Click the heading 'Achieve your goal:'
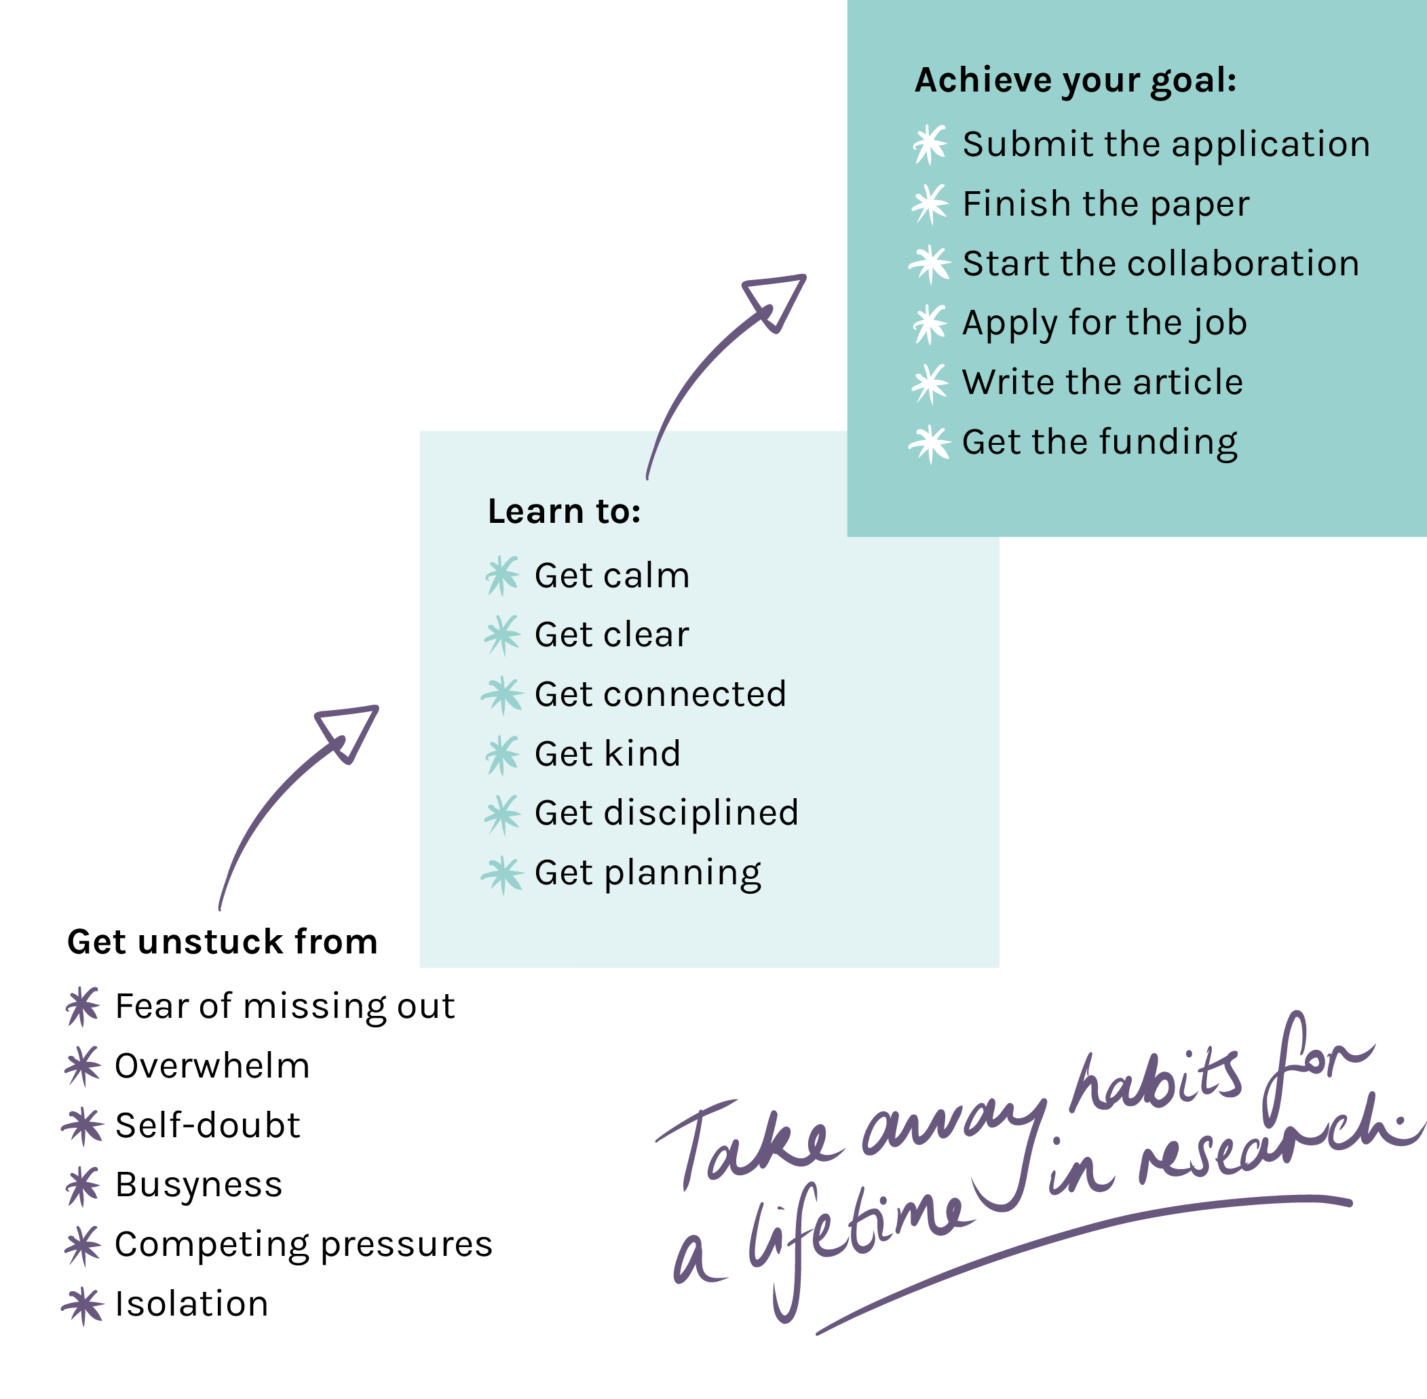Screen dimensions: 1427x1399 pos(1075,81)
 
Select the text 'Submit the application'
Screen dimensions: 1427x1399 pos(1166,144)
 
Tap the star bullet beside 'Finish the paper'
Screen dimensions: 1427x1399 pos(930,203)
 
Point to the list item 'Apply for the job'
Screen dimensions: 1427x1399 pos(1104,323)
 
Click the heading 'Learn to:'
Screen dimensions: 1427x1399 pos(564,511)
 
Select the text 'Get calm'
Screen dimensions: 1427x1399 pos(611,575)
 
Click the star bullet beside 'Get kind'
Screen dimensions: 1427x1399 pos(503,755)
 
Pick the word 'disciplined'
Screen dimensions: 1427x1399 pos(702,813)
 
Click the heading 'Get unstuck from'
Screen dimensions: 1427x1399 pos(222,942)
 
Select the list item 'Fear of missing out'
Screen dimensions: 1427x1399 pos(284,1006)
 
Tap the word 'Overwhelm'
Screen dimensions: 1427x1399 pos(212,1066)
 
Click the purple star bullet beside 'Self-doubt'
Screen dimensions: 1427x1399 pos(82,1126)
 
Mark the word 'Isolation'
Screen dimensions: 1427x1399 pos(192,1304)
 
